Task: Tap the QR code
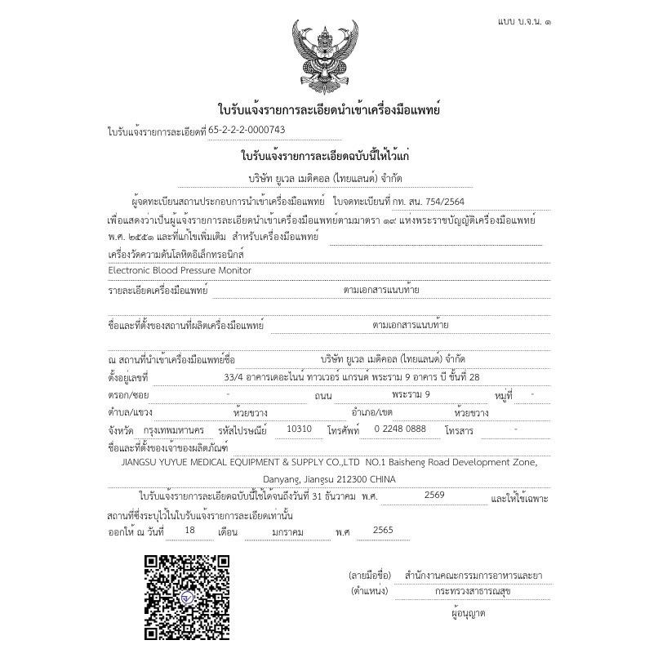pos(187,595)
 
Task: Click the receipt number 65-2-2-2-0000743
pos(247,130)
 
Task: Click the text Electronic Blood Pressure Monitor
pos(180,270)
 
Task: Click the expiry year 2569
pos(435,495)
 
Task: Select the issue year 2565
pos(382,530)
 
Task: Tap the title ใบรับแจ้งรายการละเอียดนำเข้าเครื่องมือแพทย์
pos(328,109)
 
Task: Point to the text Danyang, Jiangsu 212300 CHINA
pos(329,479)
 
